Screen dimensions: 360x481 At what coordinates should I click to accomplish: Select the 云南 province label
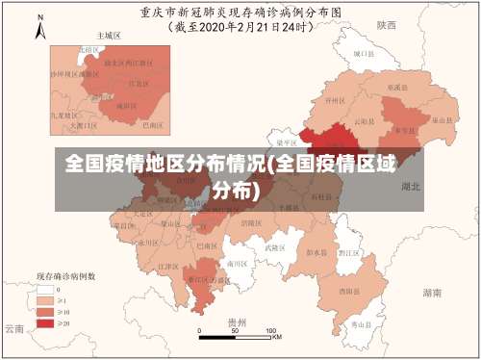(x=13, y=328)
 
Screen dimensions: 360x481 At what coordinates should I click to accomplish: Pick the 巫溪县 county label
(x=395, y=87)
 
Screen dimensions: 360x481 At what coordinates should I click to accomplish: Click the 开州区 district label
(x=334, y=99)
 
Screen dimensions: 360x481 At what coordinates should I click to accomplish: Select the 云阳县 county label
(x=363, y=122)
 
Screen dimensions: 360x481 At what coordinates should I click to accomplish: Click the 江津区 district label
(x=168, y=266)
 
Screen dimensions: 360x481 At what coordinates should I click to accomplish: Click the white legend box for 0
(x=46, y=287)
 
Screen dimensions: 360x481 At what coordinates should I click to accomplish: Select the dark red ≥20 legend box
(x=46, y=322)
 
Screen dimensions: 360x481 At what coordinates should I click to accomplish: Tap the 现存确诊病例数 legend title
(x=65, y=274)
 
